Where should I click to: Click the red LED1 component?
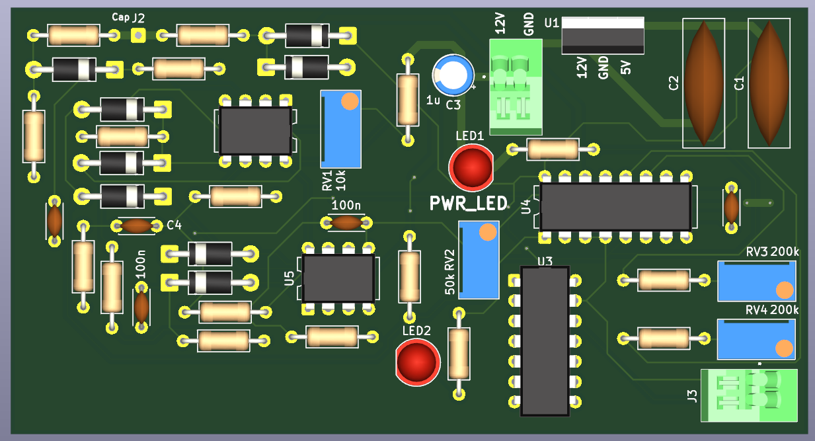click(x=471, y=167)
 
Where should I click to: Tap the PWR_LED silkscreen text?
click(x=468, y=204)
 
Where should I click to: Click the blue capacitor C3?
click(x=453, y=75)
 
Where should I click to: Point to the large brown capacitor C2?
click(x=703, y=83)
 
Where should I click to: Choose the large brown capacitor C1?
click(x=769, y=83)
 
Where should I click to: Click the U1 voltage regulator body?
click(x=602, y=36)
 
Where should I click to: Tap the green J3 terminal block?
click(x=750, y=395)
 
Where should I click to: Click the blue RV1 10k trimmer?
click(x=341, y=129)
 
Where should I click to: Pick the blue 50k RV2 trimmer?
click(x=479, y=259)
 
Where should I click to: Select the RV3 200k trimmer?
click(x=756, y=281)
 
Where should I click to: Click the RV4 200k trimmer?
click(x=756, y=339)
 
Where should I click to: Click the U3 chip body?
click(x=545, y=341)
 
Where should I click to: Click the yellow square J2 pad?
click(x=138, y=34)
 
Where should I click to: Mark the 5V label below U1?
click(x=625, y=67)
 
